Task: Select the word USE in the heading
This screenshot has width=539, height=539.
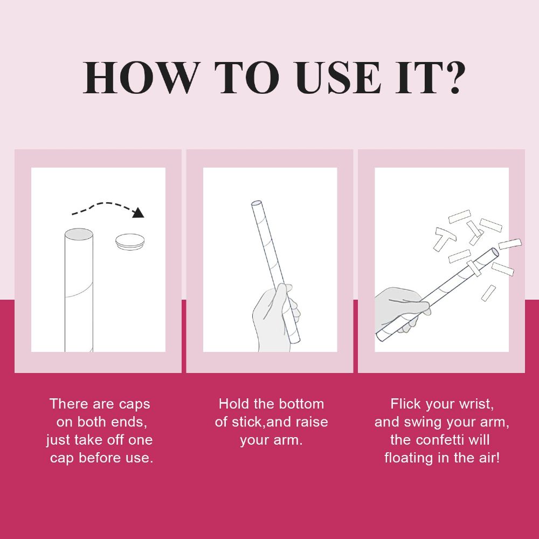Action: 338,78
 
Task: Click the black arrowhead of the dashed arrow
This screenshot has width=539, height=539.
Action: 138,212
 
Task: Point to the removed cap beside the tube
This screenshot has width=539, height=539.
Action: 129,241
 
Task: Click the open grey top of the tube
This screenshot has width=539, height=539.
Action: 79,234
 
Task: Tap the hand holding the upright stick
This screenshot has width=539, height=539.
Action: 275,318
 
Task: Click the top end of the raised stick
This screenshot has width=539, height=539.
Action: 257,203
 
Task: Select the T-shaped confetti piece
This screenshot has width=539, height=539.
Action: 444,238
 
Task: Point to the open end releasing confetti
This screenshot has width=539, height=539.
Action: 495,252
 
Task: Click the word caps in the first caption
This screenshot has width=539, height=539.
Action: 134,404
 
